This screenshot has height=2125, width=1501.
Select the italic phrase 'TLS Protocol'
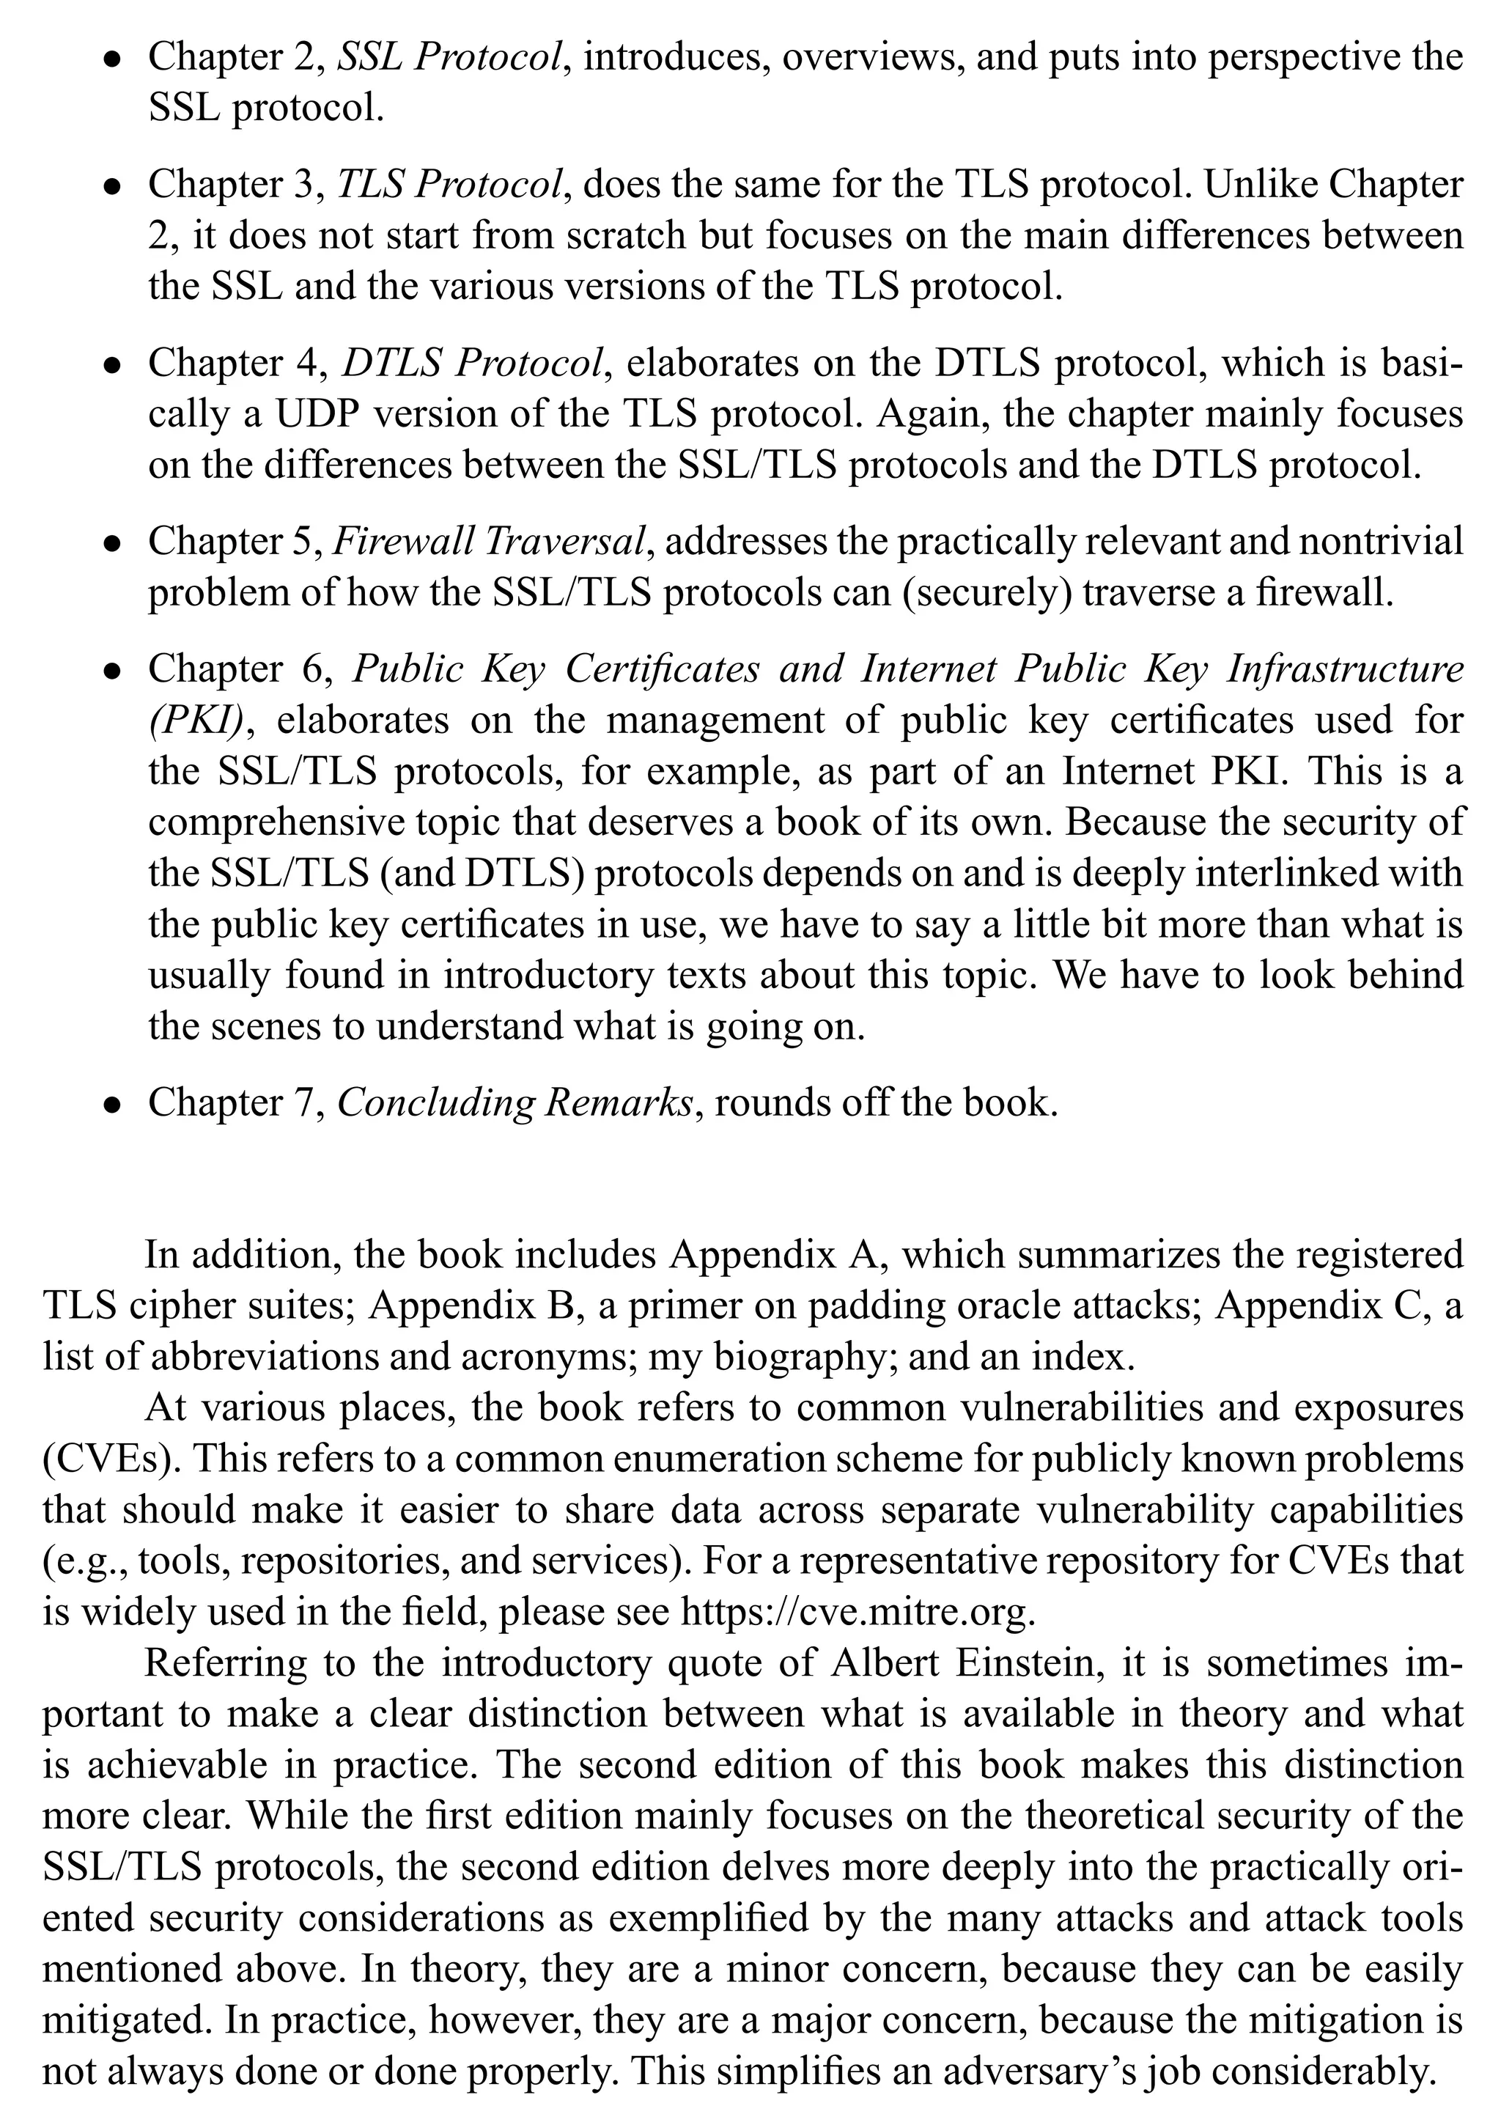[449, 185]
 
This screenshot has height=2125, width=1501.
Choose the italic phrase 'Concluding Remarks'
[515, 1103]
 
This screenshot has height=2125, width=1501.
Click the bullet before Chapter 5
[112, 544]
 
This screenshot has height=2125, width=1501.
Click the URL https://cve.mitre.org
[856, 1613]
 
